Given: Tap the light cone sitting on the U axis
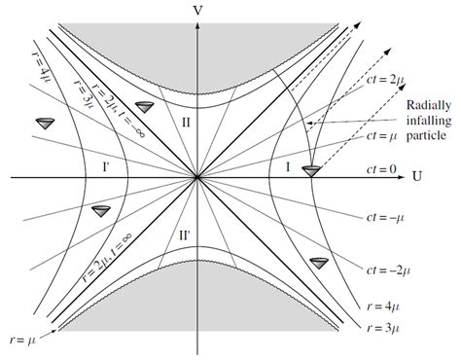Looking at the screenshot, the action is [310, 172].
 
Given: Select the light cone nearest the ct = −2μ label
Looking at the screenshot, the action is [317, 263].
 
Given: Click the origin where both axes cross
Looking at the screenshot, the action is [197, 178].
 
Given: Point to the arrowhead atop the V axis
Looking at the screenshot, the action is [197, 25].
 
